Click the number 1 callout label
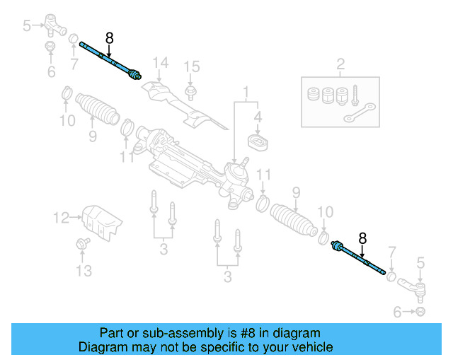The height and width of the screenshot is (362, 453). [x=246, y=92]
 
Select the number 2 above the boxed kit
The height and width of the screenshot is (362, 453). [x=340, y=66]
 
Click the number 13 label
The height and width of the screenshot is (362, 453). [x=84, y=271]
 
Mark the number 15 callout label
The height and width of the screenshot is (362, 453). [x=192, y=66]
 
